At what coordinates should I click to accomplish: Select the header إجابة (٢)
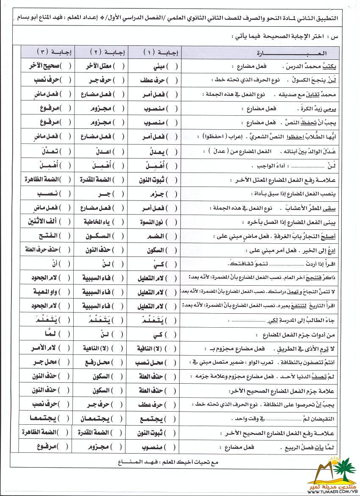103,53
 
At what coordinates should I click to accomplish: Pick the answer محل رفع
102,362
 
